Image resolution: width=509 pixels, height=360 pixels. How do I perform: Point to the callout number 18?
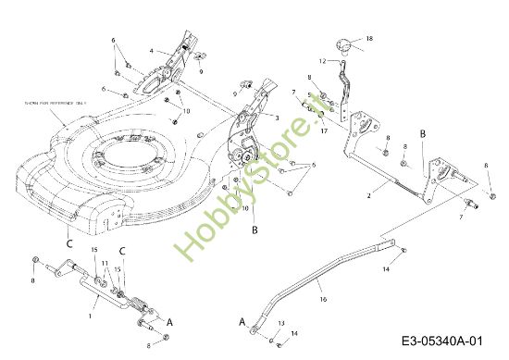(369, 38)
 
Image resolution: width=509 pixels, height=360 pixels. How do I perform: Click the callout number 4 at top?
(152, 51)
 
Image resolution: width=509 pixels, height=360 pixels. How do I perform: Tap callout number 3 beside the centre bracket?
(276, 118)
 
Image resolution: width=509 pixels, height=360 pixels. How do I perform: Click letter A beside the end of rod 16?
(242, 322)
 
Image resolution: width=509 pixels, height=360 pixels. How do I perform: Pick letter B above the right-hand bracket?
(422, 134)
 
